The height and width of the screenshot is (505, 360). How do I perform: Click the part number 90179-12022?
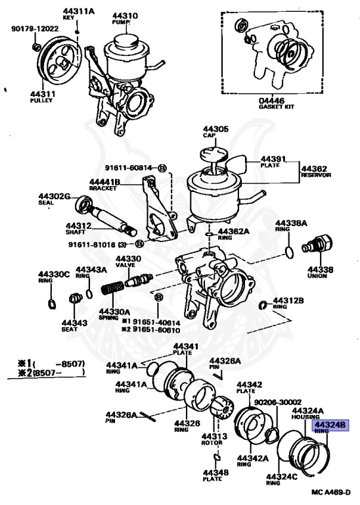click(x=35, y=29)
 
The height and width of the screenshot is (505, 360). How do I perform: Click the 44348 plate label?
click(x=215, y=472)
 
